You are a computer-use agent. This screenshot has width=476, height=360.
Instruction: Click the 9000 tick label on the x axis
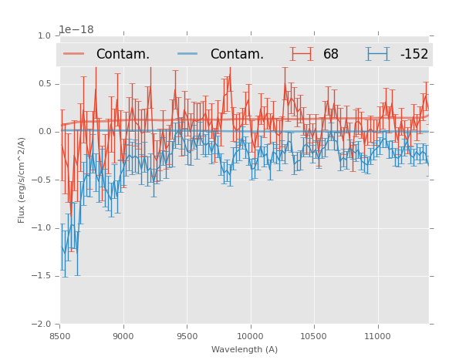tap(123, 336)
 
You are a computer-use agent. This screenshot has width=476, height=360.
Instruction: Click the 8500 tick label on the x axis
tap(60, 336)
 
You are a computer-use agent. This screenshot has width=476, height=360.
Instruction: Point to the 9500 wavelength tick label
tap(187, 336)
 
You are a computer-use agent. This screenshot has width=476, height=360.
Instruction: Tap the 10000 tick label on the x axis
tap(250, 336)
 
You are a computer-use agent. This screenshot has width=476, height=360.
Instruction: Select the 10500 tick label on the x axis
tap(313, 336)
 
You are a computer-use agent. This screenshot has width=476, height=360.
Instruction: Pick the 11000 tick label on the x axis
tap(376, 336)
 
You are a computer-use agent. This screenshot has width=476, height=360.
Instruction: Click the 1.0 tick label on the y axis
tap(43, 35)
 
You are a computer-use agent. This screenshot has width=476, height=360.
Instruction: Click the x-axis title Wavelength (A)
tap(245, 349)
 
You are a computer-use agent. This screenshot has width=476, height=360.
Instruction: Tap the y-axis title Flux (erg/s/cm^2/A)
tap(22, 180)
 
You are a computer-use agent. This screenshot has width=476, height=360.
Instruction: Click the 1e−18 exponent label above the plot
tap(76, 30)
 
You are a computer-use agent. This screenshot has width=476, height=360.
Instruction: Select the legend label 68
tap(331, 55)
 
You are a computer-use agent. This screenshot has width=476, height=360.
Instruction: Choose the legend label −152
tap(414, 55)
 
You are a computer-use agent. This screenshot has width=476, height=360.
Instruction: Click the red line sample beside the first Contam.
tap(74, 54)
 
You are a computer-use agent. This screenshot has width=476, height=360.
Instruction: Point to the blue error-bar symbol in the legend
tap(377, 54)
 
